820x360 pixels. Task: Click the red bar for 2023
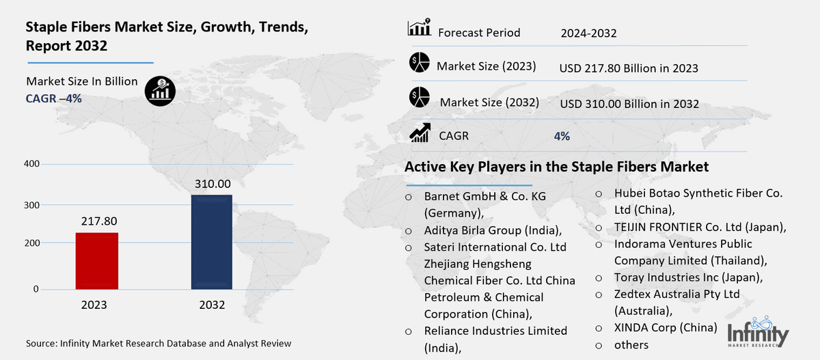point(96,261)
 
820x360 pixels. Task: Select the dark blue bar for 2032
point(212,242)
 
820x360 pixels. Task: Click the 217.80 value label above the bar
point(96,221)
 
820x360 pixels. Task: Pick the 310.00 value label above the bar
point(212,184)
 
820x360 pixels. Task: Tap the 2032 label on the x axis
point(212,305)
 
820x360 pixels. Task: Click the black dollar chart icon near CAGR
point(161,91)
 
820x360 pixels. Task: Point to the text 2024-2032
point(589,33)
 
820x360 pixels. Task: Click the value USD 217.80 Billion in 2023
point(628,68)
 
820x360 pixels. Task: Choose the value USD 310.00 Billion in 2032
point(629,104)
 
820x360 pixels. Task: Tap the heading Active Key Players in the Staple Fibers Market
point(556,167)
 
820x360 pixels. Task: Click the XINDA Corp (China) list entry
point(666,328)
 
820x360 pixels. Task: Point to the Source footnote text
point(159,344)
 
